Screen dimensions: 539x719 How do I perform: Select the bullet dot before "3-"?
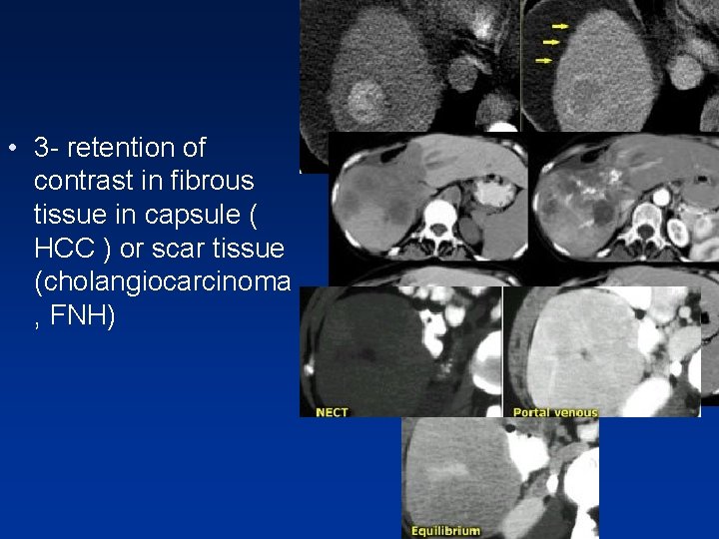coord(11,150)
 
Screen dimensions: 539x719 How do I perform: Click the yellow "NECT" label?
coord(331,411)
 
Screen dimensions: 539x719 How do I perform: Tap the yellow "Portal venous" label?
coord(555,411)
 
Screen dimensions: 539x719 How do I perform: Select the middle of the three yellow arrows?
coord(550,42)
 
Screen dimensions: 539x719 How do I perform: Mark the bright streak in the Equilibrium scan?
coord(445,469)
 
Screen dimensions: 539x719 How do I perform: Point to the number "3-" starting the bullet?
coord(45,149)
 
